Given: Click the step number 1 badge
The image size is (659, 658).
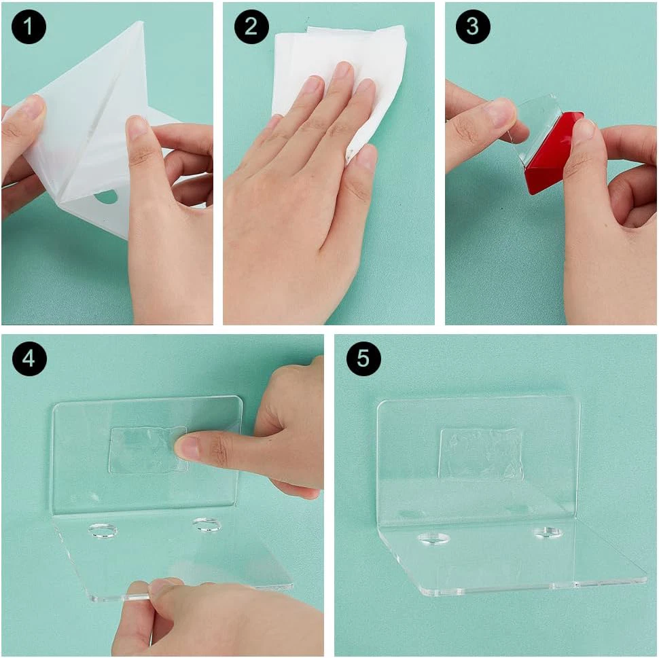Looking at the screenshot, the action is click(x=28, y=26).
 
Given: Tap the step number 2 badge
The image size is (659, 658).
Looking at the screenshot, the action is click(x=251, y=26).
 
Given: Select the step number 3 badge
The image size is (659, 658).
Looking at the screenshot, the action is click(x=473, y=26).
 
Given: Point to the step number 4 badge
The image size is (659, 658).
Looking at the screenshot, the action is click(x=29, y=359).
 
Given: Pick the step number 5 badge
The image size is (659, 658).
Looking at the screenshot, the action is click(x=363, y=359).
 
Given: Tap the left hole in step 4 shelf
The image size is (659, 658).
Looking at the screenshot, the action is click(x=103, y=531).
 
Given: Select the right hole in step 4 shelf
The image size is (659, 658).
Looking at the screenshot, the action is click(x=207, y=525).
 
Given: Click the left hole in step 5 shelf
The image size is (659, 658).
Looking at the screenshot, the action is click(x=433, y=538).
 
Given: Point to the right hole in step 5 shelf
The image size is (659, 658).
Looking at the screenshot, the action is click(x=548, y=533).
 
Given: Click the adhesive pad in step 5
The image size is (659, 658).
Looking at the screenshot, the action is click(x=480, y=454).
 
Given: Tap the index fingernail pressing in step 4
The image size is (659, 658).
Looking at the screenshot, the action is click(x=188, y=448).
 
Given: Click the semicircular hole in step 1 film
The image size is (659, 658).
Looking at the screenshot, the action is click(x=105, y=197).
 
